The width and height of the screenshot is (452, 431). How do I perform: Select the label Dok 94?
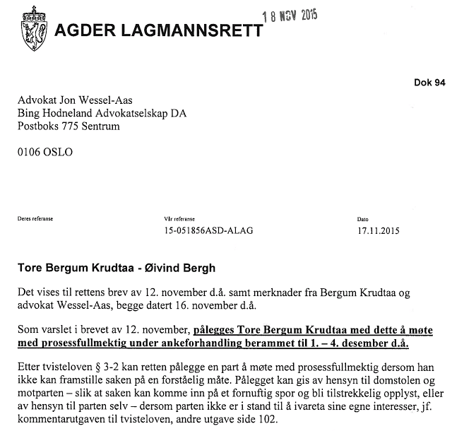point(429,83)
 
